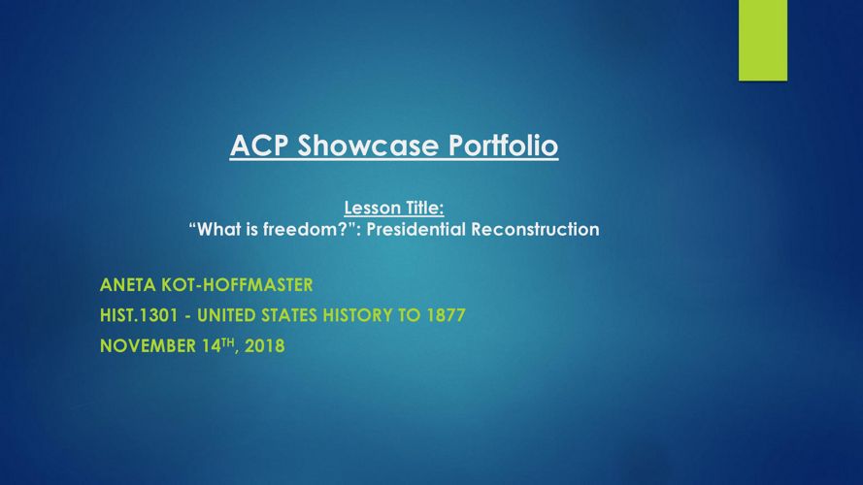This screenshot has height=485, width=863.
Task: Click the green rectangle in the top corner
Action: point(763,40)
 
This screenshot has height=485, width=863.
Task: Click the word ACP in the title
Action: point(259,145)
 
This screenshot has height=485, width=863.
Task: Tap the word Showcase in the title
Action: point(368,145)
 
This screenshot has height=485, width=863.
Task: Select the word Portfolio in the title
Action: point(503,145)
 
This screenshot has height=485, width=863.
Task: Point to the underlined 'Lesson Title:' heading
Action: point(394,208)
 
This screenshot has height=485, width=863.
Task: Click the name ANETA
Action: point(128,285)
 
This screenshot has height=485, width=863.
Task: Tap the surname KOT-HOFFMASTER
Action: point(237,285)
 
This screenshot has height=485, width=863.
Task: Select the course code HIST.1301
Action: point(139,315)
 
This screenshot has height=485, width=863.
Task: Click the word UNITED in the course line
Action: point(226,315)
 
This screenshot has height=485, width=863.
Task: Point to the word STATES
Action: point(289,315)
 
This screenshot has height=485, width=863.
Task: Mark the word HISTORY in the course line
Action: point(357,315)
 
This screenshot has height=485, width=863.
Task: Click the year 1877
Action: point(447,315)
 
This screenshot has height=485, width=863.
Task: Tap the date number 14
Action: point(212,346)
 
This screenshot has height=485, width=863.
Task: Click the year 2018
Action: point(265,346)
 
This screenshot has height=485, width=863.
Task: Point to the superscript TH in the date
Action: point(227,342)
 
